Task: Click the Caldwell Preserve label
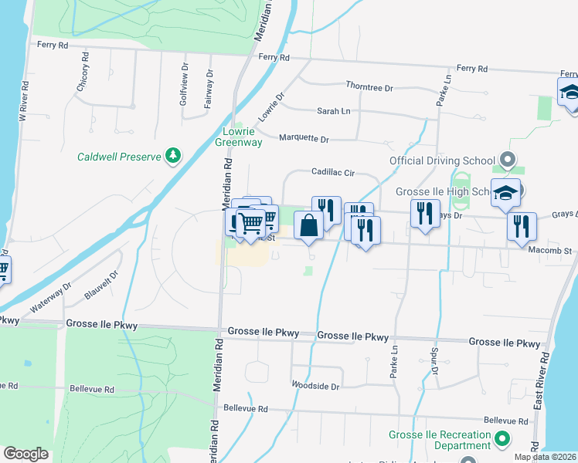(119, 157)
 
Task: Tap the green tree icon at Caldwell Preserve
(174, 157)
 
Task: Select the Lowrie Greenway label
(238, 137)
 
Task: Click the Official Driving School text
(441, 161)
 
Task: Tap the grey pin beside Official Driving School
(507, 161)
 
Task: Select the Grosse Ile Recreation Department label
(440, 440)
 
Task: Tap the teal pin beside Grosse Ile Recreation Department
(503, 440)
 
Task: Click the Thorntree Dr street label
(370, 87)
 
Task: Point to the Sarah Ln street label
(334, 111)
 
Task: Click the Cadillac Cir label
(333, 173)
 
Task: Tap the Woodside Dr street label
(315, 385)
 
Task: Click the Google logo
(25, 454)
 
